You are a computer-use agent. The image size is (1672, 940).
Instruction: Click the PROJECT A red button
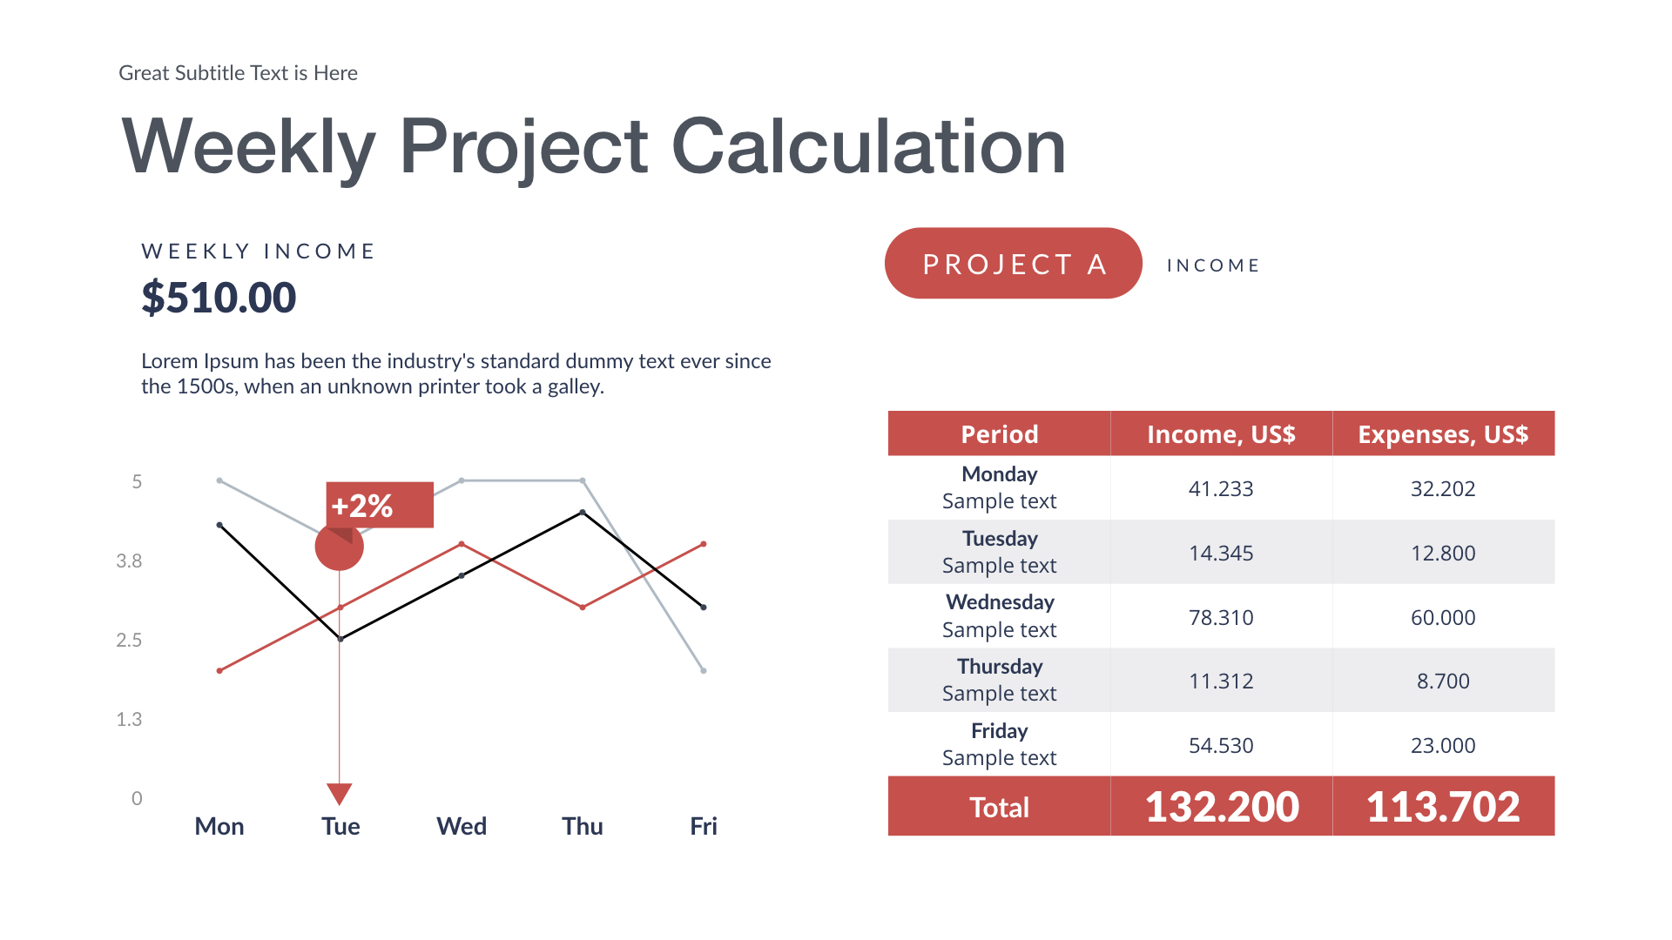coord(1013,264)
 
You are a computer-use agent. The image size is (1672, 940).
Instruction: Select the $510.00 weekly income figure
coord(219,298)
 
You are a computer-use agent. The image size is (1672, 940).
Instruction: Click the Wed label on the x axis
coord(461,826)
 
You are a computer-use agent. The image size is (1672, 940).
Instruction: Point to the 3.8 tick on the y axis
coord(129,561)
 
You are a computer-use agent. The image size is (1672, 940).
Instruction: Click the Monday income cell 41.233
coord(1220,488)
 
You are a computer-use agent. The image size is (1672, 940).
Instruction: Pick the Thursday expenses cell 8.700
coord(1442,681)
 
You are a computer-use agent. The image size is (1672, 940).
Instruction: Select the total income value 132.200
coord(1221,806)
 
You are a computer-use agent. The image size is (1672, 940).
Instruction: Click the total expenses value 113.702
coord(1442,806)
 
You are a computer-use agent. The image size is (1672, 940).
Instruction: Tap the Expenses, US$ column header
coord(1442,433)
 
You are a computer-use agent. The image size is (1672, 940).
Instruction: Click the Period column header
coord(999,433)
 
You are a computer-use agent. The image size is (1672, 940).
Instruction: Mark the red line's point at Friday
coord(704,544)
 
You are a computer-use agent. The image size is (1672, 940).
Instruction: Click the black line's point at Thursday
coord(583,513)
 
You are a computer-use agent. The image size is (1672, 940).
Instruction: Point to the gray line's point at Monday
coord(219,480)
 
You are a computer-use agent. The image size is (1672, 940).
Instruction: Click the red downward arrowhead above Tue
coord(340,793)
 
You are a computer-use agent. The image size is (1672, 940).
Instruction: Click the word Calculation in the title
coord(868,146)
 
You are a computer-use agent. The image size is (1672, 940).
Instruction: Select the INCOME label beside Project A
coord(1213,265)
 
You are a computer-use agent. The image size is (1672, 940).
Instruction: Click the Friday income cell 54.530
coord(1220,745)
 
